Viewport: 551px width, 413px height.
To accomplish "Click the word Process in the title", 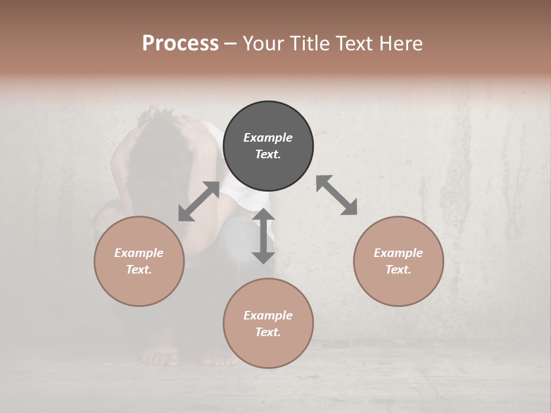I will (x=180, y=44).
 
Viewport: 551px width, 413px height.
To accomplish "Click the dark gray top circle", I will (x=268, y=146).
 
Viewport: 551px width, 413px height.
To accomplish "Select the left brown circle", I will (x=139, y=261).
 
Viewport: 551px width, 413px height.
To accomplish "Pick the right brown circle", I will (x=398, y=261).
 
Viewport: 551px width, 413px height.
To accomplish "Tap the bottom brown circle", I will (x=268, y=323).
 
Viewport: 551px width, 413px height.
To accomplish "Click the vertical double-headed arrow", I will (x=263, y=236).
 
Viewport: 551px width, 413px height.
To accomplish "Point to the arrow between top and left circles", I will (x=199, y=201).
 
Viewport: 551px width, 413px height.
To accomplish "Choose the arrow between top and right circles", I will (x=337, y=195).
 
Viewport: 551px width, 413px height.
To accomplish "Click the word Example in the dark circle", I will (x=268, y=138).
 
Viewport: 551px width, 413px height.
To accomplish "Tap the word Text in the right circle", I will (x=398, y=270).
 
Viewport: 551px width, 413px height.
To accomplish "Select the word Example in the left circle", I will (x=139, y=253).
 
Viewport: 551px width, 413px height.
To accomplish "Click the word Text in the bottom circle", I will (x=268, y=332).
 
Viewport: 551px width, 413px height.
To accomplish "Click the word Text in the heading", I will (x=354, y=44).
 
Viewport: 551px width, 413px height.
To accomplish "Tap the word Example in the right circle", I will (x=398, y=253).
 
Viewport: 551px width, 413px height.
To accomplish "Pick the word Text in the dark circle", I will (x=268, y=155).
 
